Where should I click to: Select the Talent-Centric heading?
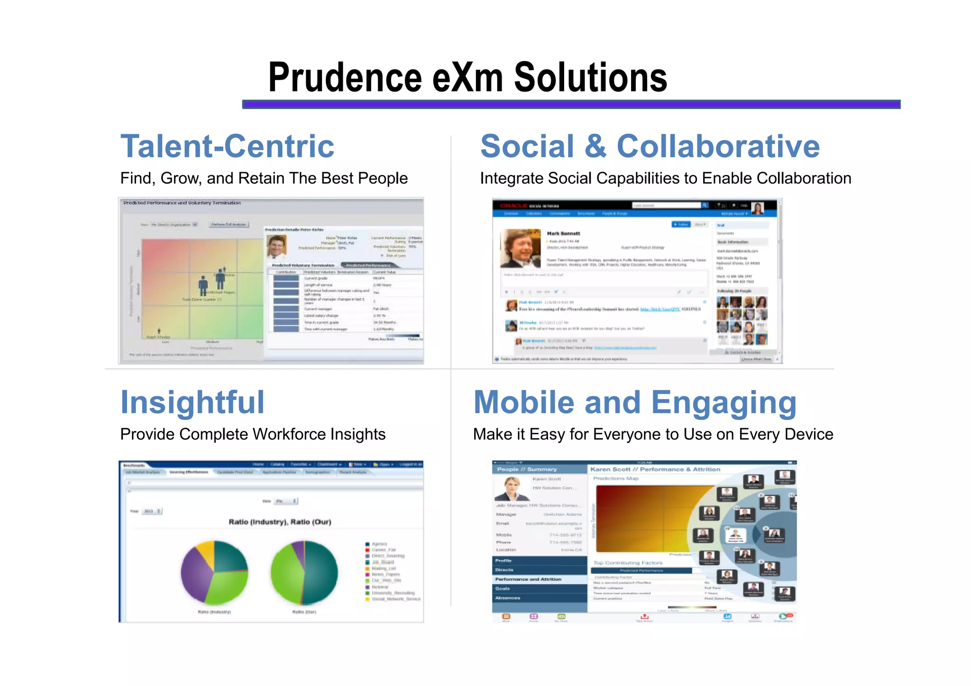(227, 146)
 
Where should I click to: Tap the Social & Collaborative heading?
(650, 146)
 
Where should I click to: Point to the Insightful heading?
(192, 402)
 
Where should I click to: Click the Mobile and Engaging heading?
(635, 402)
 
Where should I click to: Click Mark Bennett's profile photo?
(520, 248)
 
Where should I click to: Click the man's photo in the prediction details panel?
(276, 247)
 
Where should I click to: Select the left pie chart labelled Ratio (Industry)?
(214, 572)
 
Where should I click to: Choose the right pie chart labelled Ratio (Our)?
(304, 572)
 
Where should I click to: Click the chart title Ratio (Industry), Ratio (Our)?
(280, 522)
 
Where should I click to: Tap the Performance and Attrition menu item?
(528, 579)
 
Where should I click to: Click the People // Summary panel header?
(527, 469)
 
